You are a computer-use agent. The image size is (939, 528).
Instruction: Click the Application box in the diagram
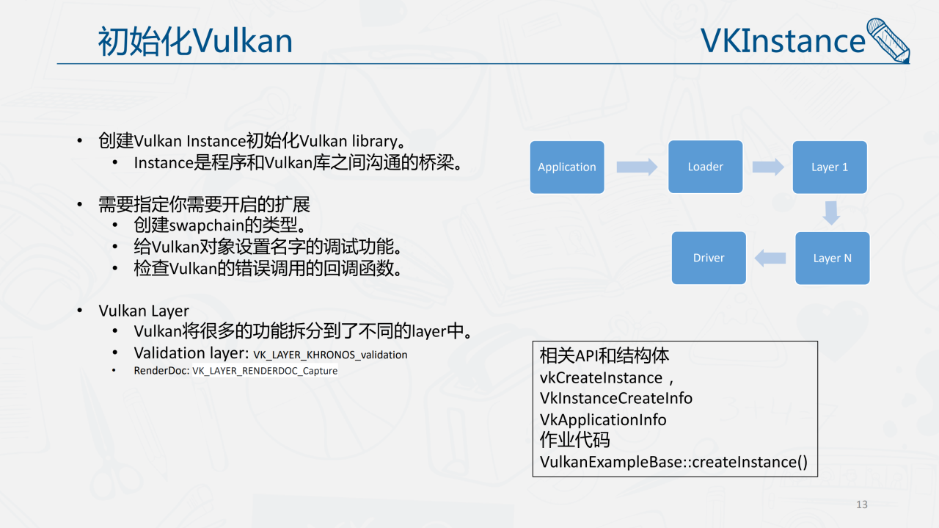567,167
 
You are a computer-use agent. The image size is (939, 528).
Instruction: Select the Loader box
706,167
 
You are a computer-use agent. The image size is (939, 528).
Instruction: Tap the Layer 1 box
830,167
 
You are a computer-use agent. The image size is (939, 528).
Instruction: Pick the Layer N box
833,258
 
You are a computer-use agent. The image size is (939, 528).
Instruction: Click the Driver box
709,258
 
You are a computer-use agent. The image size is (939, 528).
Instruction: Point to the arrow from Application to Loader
637,167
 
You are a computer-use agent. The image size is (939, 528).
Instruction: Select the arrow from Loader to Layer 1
768,167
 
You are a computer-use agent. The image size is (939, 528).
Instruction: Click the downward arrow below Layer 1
830,212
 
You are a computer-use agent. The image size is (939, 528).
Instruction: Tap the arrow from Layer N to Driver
770,258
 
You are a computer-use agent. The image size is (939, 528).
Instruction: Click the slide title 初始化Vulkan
195,41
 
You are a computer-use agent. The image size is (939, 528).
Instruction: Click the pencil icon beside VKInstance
888,40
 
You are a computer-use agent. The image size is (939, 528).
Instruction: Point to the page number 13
862,505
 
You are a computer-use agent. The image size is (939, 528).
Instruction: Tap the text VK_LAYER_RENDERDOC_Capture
265,371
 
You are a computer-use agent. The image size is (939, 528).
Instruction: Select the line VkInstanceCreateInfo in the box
616,398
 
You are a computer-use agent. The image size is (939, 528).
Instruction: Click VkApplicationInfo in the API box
603,419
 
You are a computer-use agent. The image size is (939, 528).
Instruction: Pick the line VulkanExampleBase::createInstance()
673,462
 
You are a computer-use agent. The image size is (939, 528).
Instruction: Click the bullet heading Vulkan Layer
144,311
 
